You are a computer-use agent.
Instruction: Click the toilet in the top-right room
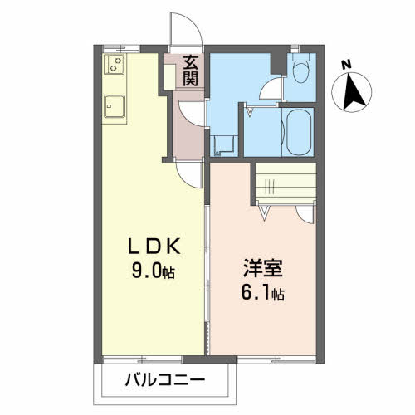point(300,68)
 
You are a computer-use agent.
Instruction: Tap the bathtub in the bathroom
point(299,134)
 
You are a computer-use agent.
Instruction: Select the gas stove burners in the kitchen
point(115,64)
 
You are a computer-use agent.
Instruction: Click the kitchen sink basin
point(115,106)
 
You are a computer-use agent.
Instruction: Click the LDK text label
point(154,247)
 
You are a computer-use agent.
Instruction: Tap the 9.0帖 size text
point(154,271)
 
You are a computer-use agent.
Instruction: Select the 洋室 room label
point(262,268)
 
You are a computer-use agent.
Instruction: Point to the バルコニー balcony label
point(165,379)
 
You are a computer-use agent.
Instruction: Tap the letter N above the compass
point(346,65)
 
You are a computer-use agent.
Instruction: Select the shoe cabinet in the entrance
point(170,77)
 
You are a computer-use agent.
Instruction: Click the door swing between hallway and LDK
point(190,175)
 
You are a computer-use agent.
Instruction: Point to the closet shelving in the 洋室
point(286,183)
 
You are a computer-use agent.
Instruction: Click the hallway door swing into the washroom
point(192,114)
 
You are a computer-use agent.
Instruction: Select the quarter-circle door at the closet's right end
point(306,214)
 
